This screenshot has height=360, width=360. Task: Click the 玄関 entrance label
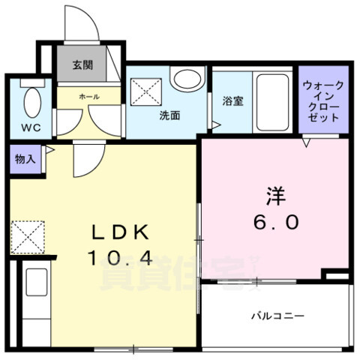(x=82, y=65)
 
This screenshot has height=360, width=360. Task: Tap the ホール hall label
(x=89, y=97)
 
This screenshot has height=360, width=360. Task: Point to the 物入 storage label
(x=24, y=159)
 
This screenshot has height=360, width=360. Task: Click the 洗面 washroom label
(x=169, y=116)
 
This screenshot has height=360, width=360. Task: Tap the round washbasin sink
(x=186, y=78)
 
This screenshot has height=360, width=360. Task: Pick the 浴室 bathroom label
(x=232, y=101)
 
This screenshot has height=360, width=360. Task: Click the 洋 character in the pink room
(x=275, y=196)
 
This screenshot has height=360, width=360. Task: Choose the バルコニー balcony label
(x=277, y=316)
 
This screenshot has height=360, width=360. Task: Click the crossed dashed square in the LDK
(x=27, y=237)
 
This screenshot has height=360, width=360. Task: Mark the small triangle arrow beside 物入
(x=47, y=151)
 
